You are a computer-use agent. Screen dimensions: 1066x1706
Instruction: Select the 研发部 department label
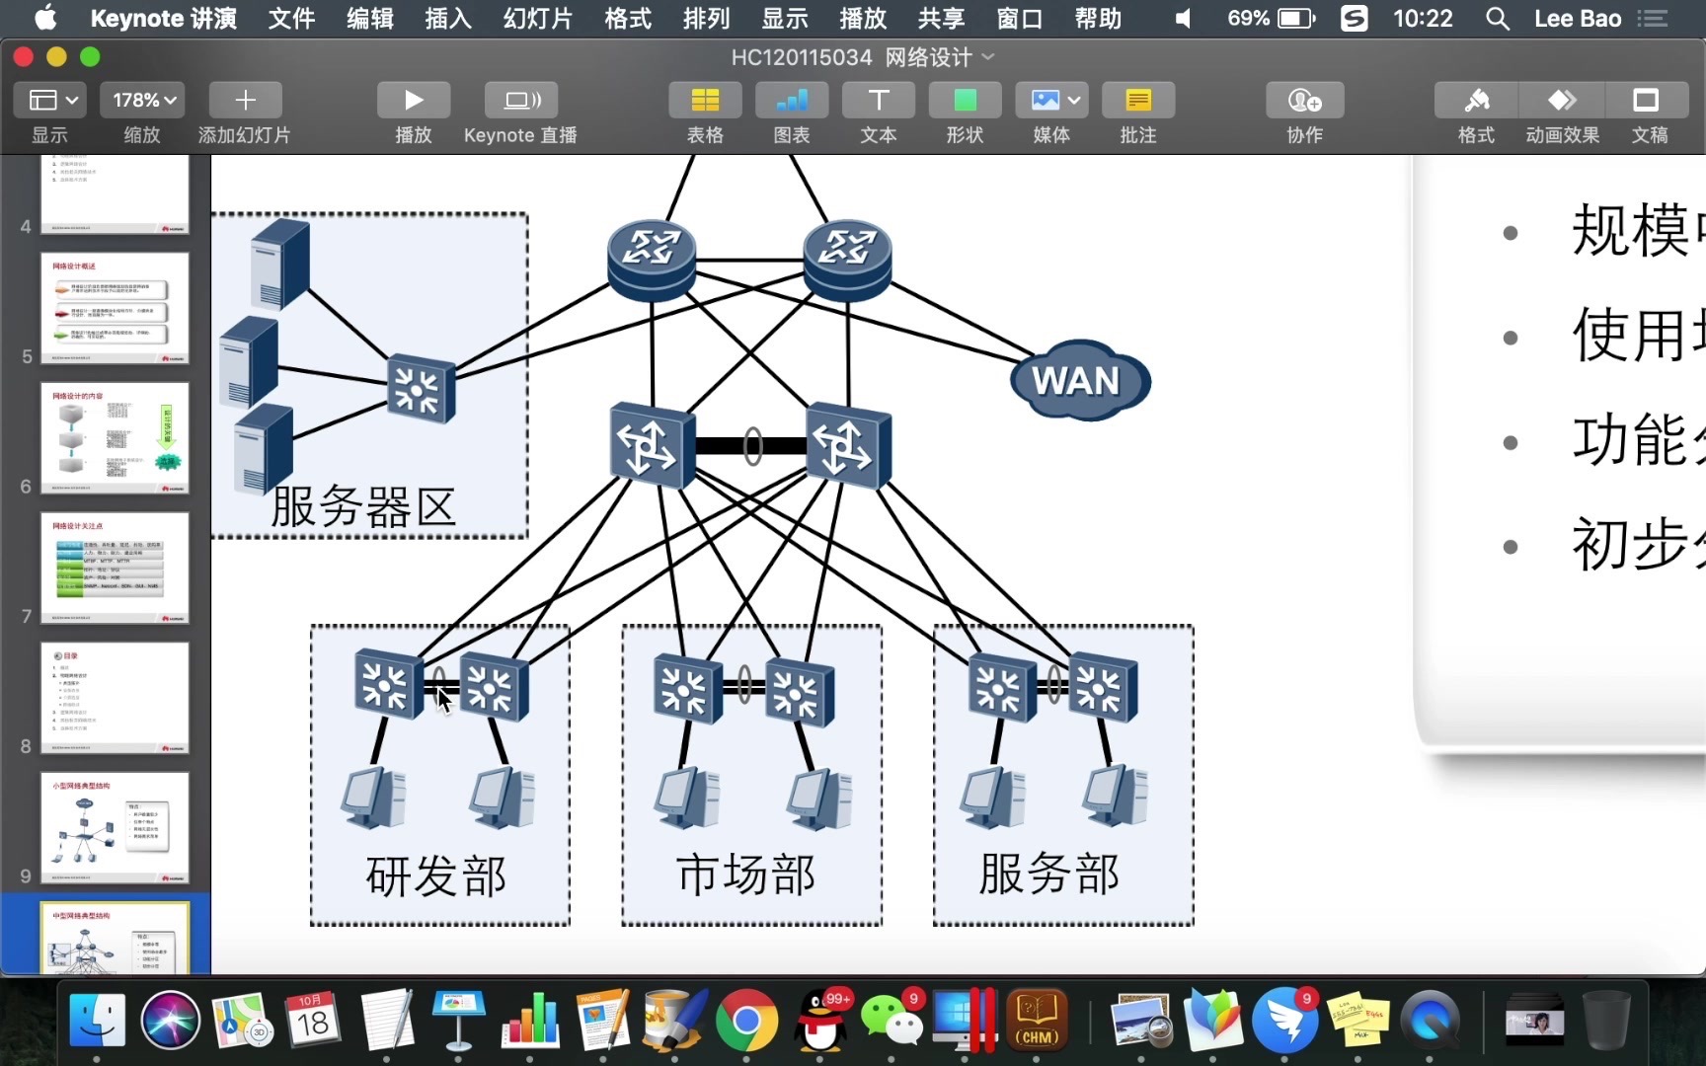[x=436, y=876]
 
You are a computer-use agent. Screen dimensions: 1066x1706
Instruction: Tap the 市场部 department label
[x=746, y=875]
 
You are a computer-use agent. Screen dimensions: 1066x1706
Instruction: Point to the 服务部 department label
[x=1048, y=874]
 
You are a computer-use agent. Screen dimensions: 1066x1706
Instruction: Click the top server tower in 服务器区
[x=280, y=263]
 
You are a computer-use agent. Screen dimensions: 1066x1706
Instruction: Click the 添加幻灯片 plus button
[x=245, y=100]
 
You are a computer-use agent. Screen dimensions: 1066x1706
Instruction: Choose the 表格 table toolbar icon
[x=705, y=100]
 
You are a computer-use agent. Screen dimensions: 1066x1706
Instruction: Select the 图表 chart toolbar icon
[x=792, y=100]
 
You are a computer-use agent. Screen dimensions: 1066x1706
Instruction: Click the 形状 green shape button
[x=965, y=100]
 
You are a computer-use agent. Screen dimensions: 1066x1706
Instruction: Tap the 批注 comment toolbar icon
[x=1137, y=100]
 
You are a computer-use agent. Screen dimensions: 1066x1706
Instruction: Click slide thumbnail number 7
[x=115, y=568]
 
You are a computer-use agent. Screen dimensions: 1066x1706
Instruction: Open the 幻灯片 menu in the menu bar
[x=537, y=18]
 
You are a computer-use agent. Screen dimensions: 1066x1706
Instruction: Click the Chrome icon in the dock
[x=746, y=1021]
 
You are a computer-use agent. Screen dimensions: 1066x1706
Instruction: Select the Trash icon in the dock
[x=1605, y=1021]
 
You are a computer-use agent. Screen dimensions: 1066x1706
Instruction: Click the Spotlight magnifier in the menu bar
[x=1497, y=18]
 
